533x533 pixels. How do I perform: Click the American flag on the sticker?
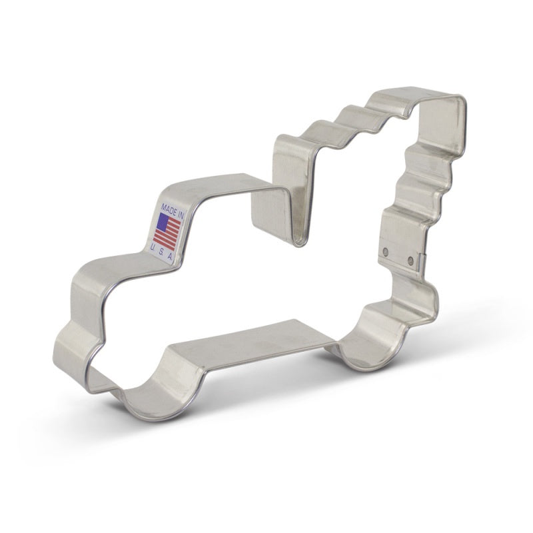[x=168, y=230]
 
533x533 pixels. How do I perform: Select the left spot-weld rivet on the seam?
[x=386, y=251]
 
